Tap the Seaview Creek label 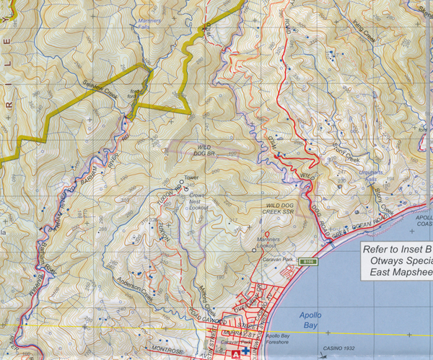tap(101, 85)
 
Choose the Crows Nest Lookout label tap(198, 201)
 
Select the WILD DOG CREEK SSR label tap(273, 210)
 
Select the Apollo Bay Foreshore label tap(287, 341)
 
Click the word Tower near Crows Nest tap(191, 177)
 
